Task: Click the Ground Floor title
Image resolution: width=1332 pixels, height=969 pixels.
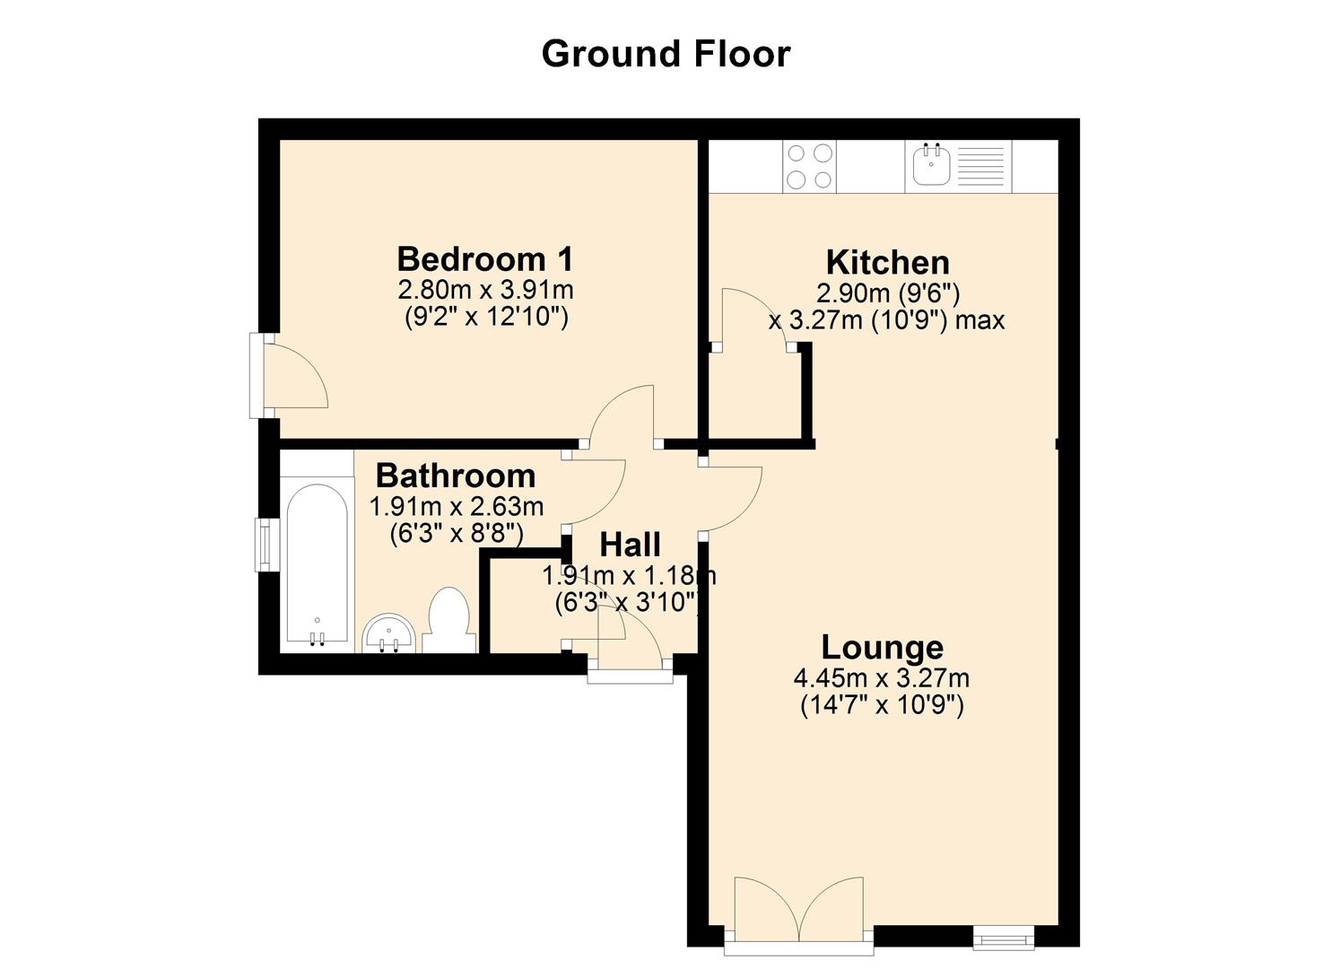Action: click(666, 54)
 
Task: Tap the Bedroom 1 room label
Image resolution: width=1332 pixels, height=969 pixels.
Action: click(485, 259)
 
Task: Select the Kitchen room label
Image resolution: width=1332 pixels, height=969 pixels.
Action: click(887, 263)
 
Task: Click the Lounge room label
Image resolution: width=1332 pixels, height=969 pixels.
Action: click(883, 647)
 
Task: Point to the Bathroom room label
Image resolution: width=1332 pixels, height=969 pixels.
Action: click(456, 476)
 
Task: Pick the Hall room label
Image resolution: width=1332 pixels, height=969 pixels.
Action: click(630, 545)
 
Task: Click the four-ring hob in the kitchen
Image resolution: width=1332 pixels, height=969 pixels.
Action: click(809, 167)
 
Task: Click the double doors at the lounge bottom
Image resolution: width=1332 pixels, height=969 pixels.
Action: click(799, 910)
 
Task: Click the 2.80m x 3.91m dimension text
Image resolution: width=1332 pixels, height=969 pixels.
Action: click(485, 291)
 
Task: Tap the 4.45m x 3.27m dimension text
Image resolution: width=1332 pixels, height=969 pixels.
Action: click(881, 678)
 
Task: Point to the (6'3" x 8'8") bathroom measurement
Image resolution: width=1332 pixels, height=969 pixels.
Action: click(456, 534)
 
